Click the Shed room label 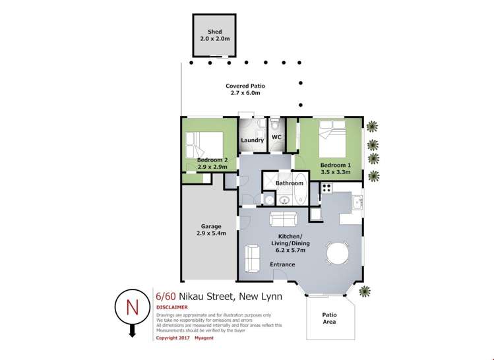(x=215, y=32)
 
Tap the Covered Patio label (x=245, y=86)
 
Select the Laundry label (x=253, y=140)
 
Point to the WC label (x=276, y=137)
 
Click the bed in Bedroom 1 (x=332, y=138)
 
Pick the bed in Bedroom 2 (x=204, y=145)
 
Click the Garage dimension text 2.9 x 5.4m (x=211, y=233)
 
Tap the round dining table (x=338, y=253)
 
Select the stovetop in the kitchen (x=326, y=187)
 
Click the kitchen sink (x=357, y=202)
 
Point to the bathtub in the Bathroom (x=301, y=189)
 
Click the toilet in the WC (x=275, y=124)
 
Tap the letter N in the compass (x=133, y=307)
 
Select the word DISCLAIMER (x=172, y=307)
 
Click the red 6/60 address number (x=166, y=297)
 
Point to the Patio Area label (x=329, y=318)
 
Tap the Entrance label (x=282, y=264)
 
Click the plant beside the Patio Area (x=365, y=291)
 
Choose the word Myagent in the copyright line (x=204, y=338)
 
